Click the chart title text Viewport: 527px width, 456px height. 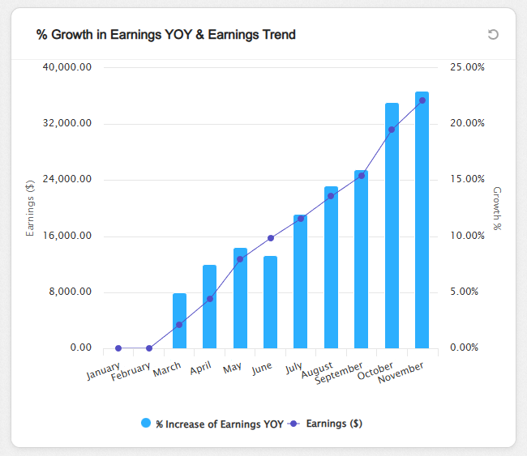point(165,34)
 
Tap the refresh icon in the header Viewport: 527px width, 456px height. point(493,34)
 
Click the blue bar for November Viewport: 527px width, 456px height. point(422,219)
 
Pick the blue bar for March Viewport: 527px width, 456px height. point(179,321)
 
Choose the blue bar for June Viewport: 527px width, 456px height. point(270,302)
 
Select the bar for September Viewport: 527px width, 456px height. point(361,259)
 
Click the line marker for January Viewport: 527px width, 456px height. point(118,348)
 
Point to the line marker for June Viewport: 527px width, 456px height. point(270,238)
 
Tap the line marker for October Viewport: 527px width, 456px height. point(392,130)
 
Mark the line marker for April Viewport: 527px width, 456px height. point(209,299)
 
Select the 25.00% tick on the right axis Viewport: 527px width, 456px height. point(466,67)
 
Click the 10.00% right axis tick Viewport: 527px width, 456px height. point(466,236)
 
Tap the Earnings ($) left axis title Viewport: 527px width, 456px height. point(31,208)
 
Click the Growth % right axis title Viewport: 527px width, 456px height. point(497,208)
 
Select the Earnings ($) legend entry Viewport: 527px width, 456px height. point(333,423)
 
